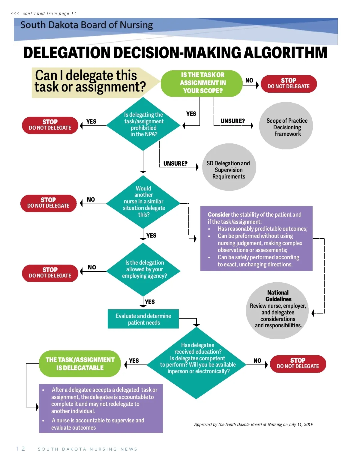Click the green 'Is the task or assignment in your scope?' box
point(202,83)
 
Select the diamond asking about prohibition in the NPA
point(143,124)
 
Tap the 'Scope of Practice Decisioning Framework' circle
point(286,126)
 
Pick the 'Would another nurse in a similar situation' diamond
point(143,202)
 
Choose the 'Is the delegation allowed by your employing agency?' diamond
point(144,269)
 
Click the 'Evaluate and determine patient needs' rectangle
point(143,319)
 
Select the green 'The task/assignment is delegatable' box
point(80,364)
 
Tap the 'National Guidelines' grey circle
point(278,310)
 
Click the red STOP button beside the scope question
point(289,83)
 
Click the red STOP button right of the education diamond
point(298,363)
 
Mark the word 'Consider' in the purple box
point(219,214)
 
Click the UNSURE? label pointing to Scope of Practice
point(232,121)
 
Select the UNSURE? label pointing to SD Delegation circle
point(175,163)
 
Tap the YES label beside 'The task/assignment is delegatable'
point(134,361)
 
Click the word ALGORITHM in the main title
point(285,53)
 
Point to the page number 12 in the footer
point(21,449)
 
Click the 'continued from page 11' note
point(44,13)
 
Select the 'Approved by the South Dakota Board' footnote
point(253,424)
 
